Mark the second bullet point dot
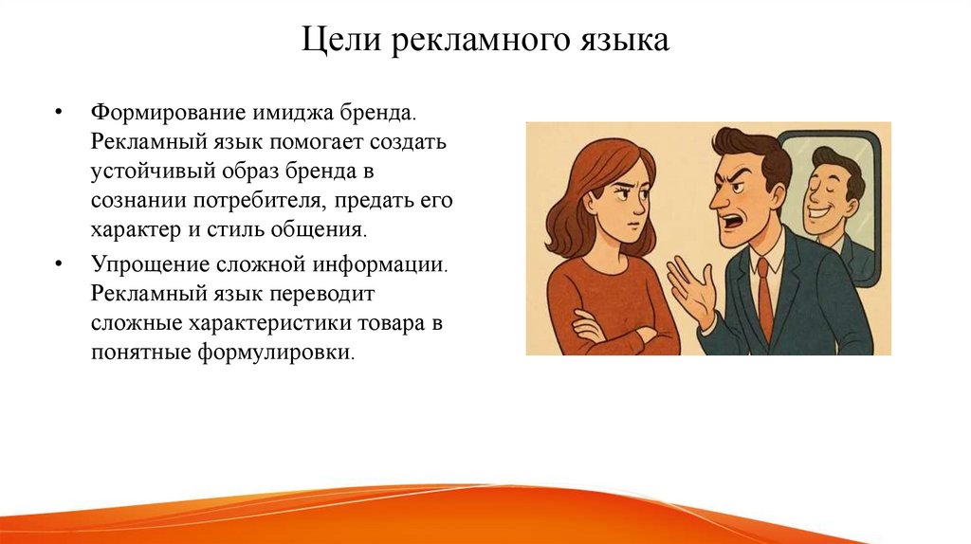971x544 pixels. pos(59,263)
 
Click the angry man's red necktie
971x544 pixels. pos(764,299)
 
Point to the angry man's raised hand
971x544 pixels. pos(693,289)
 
